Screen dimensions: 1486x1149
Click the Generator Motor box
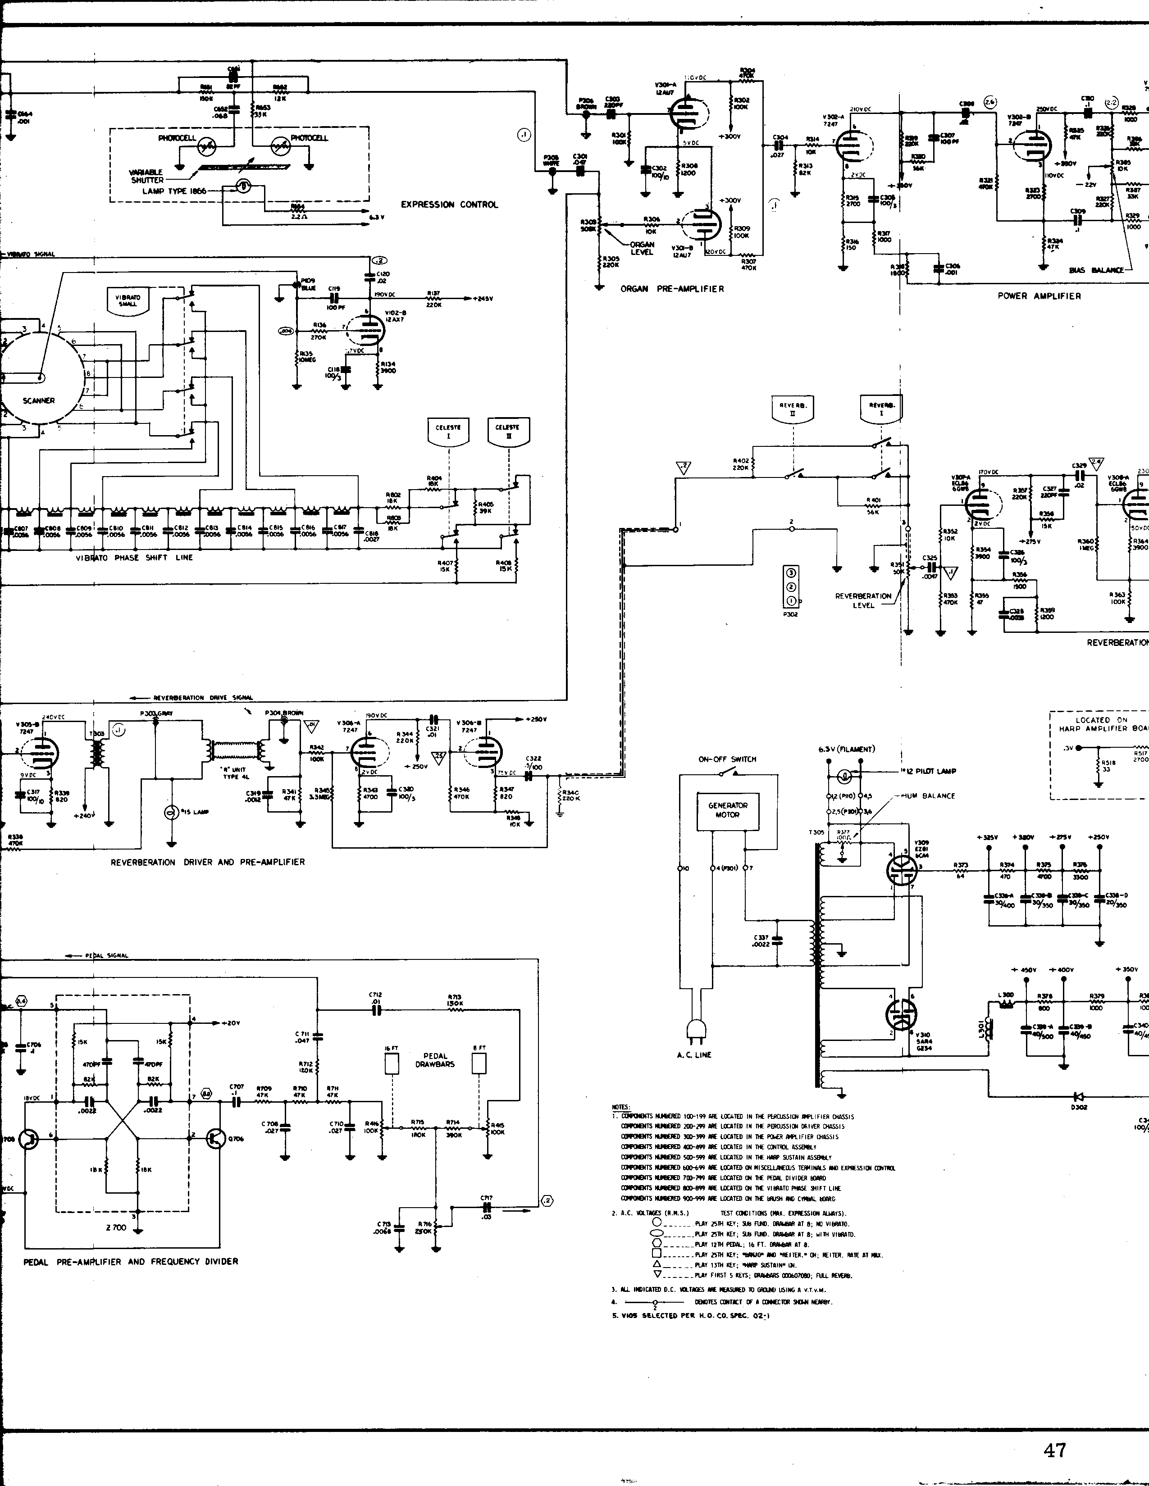(x=728, y=810)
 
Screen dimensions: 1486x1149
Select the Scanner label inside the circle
(x=38, y=401)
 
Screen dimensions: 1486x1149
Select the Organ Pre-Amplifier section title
(x=672, y=289)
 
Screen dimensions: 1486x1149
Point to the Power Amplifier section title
(x=1039, y=296)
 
